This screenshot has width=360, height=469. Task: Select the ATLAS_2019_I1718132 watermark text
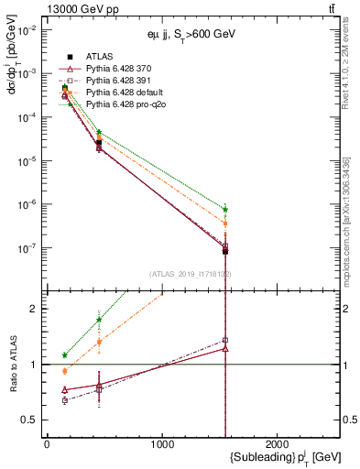(x=191, y=274)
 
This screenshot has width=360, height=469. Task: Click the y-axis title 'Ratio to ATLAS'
(x=13, y=364)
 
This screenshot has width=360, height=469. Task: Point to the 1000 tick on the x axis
(x=163, y=443)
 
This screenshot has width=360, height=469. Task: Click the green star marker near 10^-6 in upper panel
(x=224, y=210)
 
